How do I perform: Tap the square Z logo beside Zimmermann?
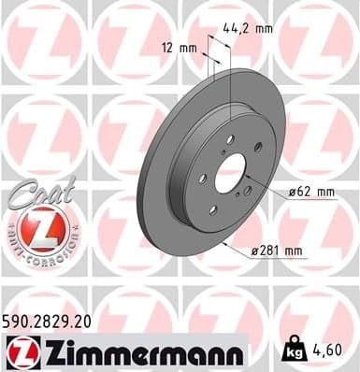(20, 352)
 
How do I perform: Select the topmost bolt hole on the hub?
(230, 138)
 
